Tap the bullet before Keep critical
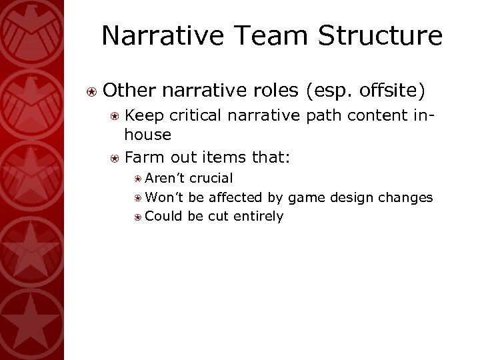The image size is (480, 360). pyautogui.click(x=115, y=116)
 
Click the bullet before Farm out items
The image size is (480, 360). pyautogui.click(x=115, y=159)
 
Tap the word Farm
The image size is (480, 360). pyautogui.click(x=141, y=158)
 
